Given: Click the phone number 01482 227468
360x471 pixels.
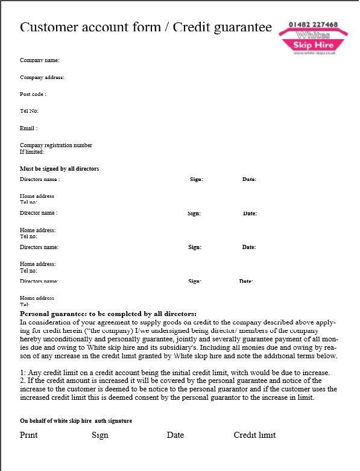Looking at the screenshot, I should pos(313,25).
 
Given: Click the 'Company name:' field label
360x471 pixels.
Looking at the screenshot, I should pos(40,60).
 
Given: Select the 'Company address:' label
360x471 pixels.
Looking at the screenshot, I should pos(42,77).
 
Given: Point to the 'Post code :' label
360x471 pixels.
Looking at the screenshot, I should pos(33,94).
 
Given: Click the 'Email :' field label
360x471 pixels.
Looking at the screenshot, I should pos(28,128).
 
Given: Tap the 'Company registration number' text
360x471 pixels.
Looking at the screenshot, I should pos(56,145).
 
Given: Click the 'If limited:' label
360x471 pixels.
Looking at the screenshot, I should pos(32,152).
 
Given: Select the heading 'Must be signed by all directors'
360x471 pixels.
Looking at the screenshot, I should pos(59,169).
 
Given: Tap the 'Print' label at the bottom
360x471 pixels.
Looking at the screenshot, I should pos(28,435).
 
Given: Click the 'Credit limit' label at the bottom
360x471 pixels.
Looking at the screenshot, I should pos(254,435).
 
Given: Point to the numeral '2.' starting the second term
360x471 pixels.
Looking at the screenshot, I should pos(23,381).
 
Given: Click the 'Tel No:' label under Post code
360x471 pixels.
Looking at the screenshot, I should pos(29,111).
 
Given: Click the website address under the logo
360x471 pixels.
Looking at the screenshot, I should pos(314,53).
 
